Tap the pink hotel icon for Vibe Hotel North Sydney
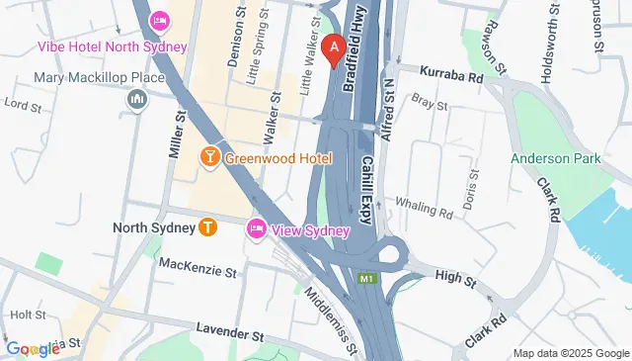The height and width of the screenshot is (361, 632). click(159, 21)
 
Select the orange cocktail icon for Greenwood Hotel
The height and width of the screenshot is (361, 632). click(209, 156)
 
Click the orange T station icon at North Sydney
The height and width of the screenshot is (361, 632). click(207, 226)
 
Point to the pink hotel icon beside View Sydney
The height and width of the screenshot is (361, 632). click(257, 229)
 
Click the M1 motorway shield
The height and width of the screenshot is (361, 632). click(367, 279)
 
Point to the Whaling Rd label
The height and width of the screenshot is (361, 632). click(424, 210)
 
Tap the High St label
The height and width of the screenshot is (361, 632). click(455, 280)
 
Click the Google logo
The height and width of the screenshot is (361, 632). click(33, 348)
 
